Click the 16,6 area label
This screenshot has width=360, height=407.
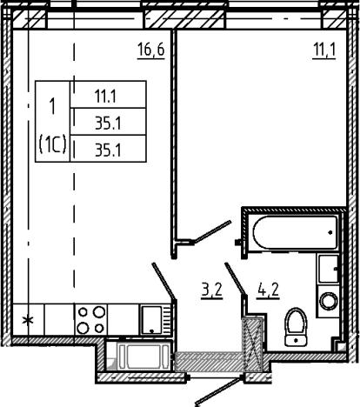(151, 50)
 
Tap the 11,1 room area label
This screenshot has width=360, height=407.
(324, 50)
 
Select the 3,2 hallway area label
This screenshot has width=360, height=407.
(212, 290)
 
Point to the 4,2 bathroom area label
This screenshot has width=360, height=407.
(268, 290)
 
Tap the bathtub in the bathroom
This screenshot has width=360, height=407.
(295, 232)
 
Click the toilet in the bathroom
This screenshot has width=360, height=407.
(296, 327)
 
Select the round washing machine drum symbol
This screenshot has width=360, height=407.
(329, 301)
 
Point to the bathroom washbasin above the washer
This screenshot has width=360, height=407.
(329, 269)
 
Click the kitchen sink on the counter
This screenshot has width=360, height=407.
(151, 320)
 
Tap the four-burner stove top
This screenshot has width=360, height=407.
(91, 320)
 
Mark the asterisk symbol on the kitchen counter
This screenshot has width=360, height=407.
(28, 321)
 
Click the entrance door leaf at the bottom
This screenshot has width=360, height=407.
(219, 390)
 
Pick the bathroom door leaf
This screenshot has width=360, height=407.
(236, 279)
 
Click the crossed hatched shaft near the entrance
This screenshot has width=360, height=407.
(252, 344)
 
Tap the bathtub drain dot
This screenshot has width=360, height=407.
(330, 232)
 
